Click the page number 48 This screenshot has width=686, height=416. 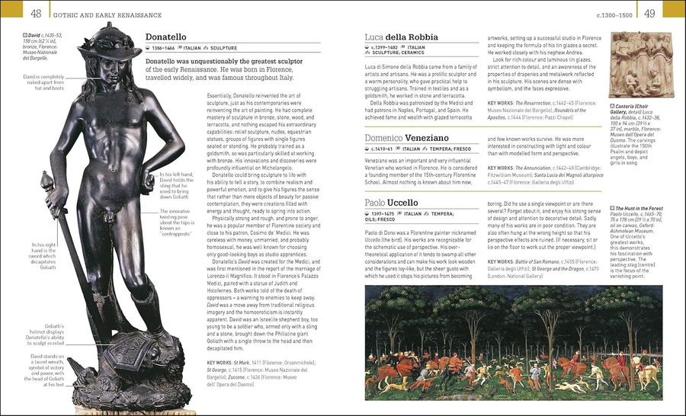pos(36,13)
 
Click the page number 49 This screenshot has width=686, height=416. pos(649,13)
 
